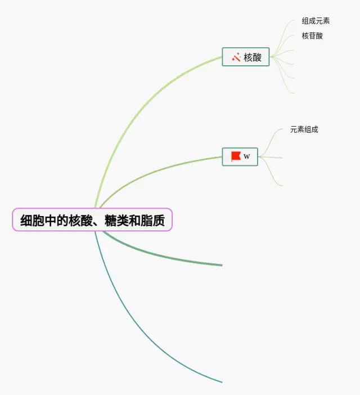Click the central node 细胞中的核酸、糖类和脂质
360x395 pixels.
92,219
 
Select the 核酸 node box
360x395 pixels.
246,56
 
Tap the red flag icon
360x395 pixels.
236,156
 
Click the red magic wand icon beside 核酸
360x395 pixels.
236,56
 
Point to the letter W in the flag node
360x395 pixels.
247,156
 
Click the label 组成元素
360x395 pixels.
316,21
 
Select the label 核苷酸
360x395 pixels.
312,36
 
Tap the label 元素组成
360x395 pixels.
304,129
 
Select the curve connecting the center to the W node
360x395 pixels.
157,172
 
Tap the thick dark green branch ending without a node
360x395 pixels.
169,258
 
